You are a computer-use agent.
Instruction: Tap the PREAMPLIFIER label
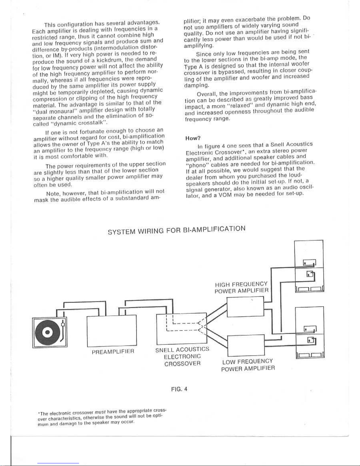click(x=113, y=351)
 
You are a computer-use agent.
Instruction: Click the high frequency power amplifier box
click(x=245, y=307)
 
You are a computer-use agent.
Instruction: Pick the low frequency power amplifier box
click(x=246, y=345)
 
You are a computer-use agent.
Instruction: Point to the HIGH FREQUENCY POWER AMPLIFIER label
click(x=241, y=288)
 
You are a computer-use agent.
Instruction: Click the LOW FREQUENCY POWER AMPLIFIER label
click(x=248, y=365)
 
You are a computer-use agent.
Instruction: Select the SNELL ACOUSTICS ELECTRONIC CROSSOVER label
click(x=182, y=356)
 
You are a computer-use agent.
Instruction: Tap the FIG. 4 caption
click(x=179, y=389)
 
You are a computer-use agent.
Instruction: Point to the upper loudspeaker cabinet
click(x=309, y=266)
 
